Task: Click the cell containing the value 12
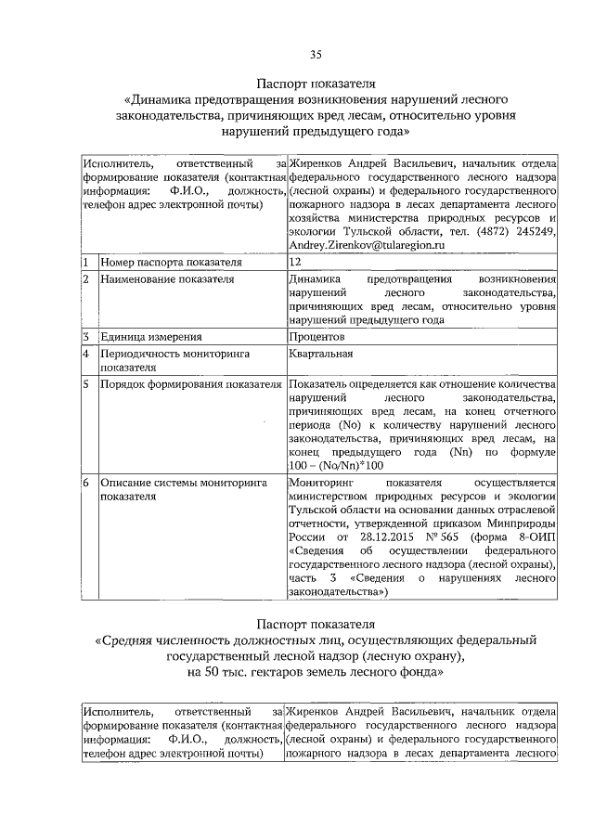[x=295, y=263]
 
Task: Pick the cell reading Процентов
[x=316, y=336]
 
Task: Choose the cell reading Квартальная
[x=321, y=354]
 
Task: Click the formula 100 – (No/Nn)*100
[x=336, y=465]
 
